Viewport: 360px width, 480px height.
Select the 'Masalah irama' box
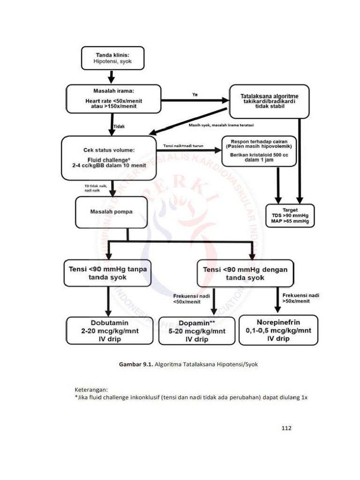click(x=113, y=99)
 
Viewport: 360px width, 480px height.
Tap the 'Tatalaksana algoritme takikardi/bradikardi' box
click(x=269, y=101)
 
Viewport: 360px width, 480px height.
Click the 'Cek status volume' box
click(x=109, y=158)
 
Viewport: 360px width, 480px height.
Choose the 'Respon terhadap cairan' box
click(x=259, y=150)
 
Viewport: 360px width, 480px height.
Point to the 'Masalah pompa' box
click(x=111, y=212)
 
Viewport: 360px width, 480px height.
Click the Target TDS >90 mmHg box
click(x=290, y=216)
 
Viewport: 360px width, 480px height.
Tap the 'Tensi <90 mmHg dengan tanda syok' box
click(x=245, y=273)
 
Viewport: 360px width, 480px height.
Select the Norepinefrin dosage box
click(x=278, y=330)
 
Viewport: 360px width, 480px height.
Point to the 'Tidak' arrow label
click(x=120, y=126)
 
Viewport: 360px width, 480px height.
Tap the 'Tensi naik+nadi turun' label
click(x=183, y=146)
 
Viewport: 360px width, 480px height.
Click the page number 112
click(x=286, y=427)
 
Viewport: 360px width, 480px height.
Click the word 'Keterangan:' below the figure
click(x=91, y=390)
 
